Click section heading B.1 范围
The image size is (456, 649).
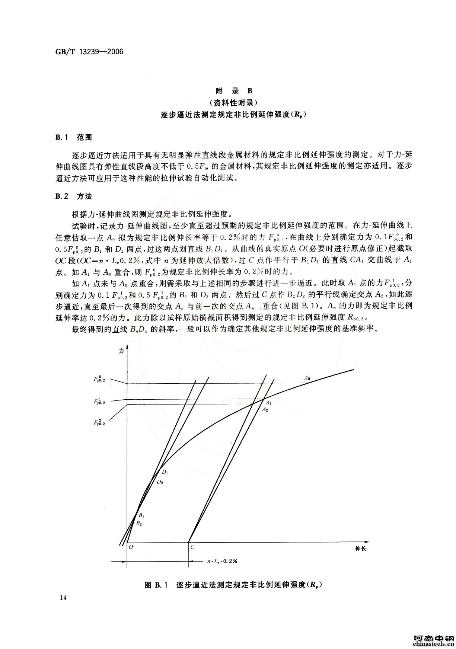(73, 137)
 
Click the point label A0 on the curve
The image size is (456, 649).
(307, 378)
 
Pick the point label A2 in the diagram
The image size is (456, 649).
(265, 409)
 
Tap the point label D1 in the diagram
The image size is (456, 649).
(165, 472)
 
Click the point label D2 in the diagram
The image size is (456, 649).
(160, 482)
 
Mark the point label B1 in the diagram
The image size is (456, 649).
(141, 515)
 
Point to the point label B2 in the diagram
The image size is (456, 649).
(139, 524)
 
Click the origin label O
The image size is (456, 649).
(131, 547)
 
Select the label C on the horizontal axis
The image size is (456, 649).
(192, 547)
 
